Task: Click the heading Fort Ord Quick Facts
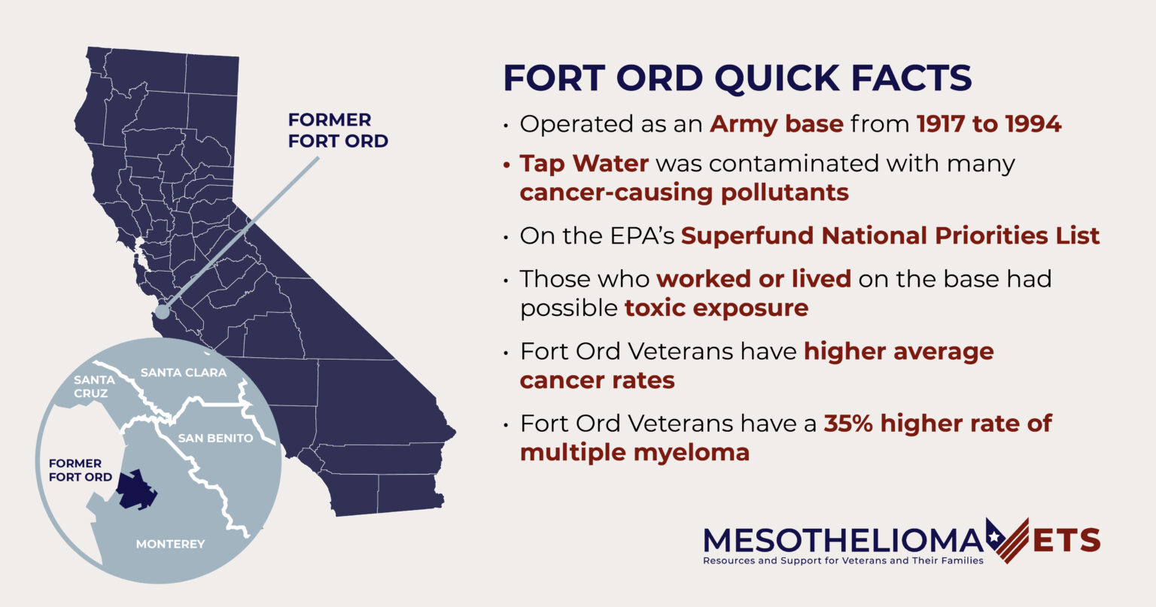click(x=737, y=78)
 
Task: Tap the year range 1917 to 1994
click(x=988, y=124)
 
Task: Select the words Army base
click(x=776, y=124)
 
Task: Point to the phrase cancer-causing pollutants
click(x=684, y=193)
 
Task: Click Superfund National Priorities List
click(x=890, y=235)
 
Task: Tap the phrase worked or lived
click(x=753, y=279)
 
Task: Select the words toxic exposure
click(x=716, y=308)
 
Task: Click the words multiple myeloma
click(x=634, y=453)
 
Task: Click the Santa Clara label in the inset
click(x=183, y=372)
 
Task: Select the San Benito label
click(x=215, y=438)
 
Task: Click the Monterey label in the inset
click(x=170, y=544)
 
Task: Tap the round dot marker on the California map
click(x=162, y=312)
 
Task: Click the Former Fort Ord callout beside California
click(x=338, y=131)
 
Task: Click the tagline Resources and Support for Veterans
click(x=842, y=561)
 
